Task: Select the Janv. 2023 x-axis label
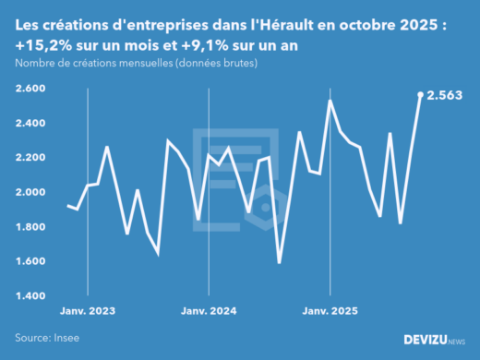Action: (88, 312)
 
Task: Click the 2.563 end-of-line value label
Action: (445, 94)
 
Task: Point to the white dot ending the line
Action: (421, 94)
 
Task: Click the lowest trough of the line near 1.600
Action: (280, 263)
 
